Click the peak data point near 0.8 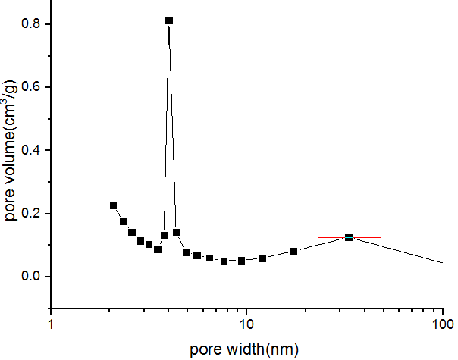point(169,21)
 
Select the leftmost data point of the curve point(113,205)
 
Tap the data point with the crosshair point(349,237)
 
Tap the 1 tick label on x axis point(51,324)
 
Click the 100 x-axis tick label point(442,324)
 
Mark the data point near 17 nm point(293,251)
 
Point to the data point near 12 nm point(262,258)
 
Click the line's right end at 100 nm point(442,263)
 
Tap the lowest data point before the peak point(158,249)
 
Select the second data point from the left point(123,221)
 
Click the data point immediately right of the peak point(176,233)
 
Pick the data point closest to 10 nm point(241,261)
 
